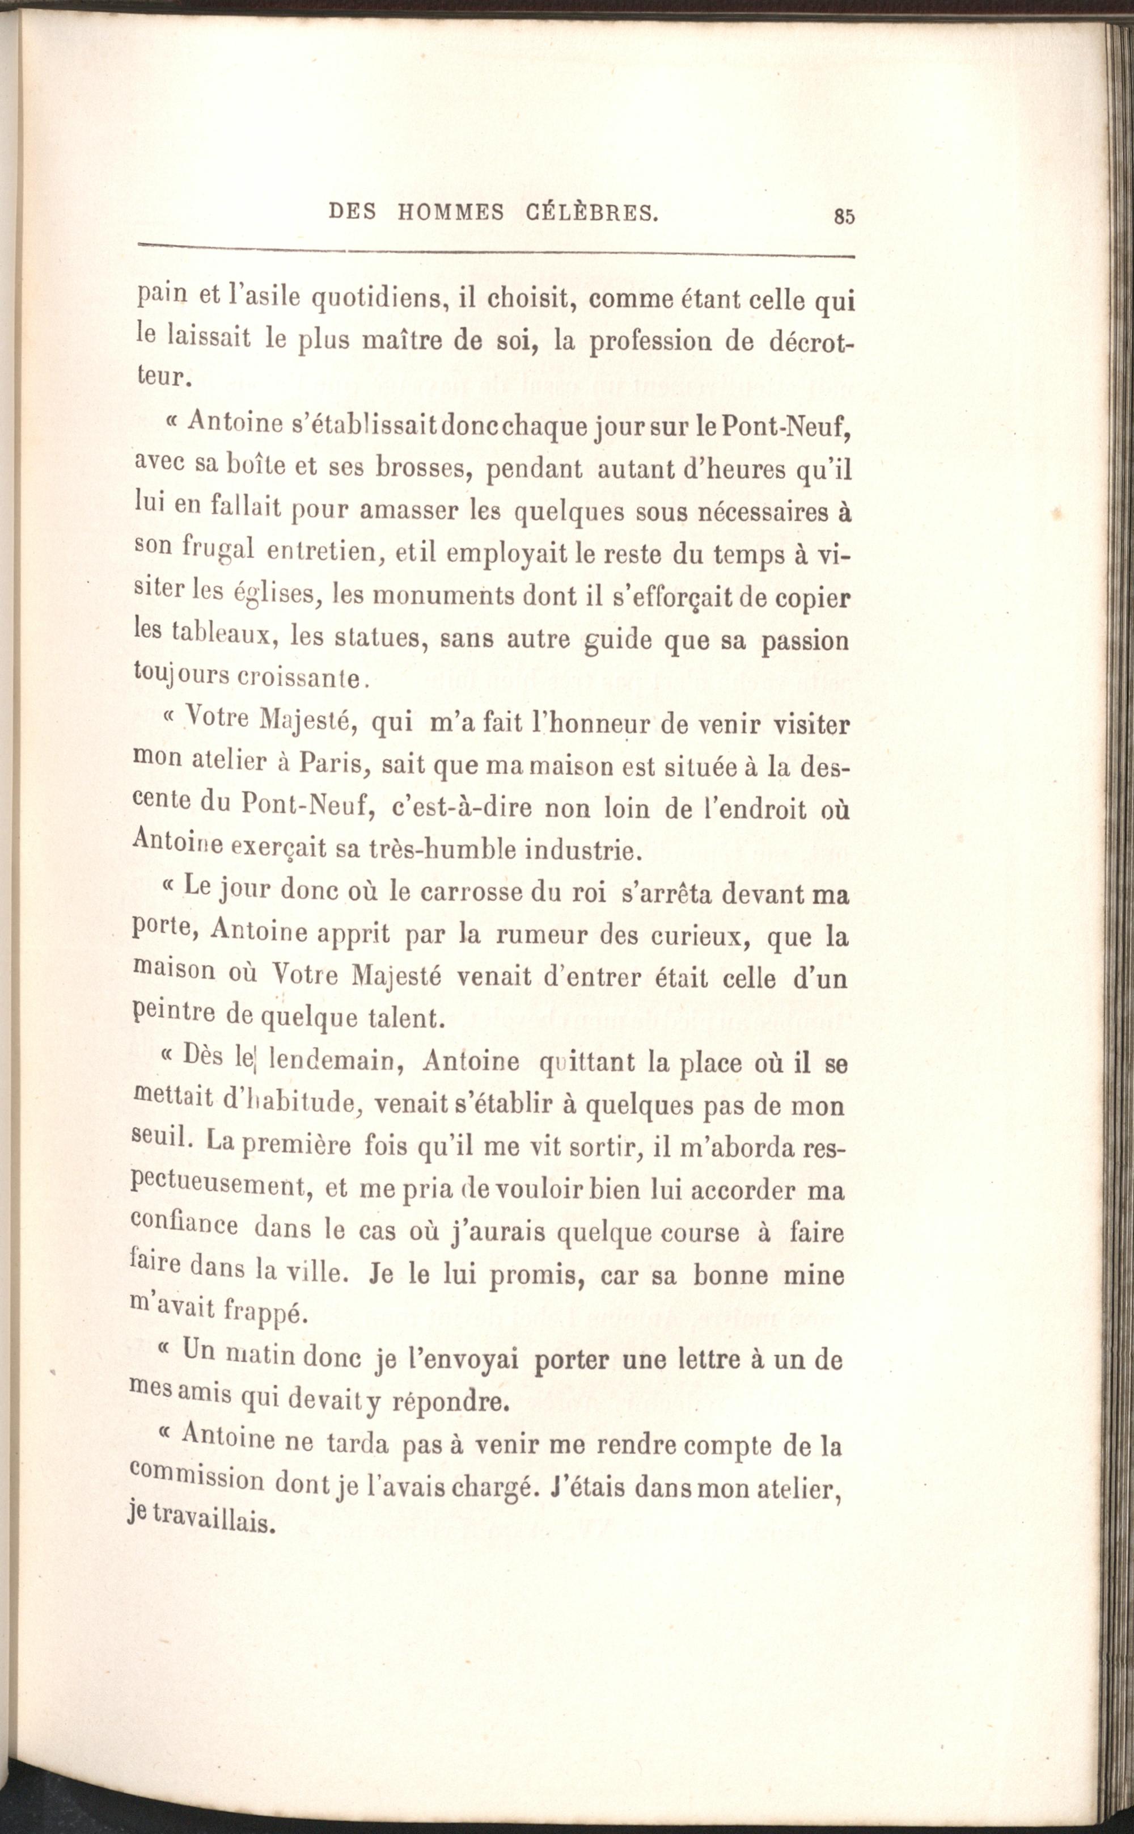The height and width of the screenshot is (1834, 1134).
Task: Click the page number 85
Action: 844,216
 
